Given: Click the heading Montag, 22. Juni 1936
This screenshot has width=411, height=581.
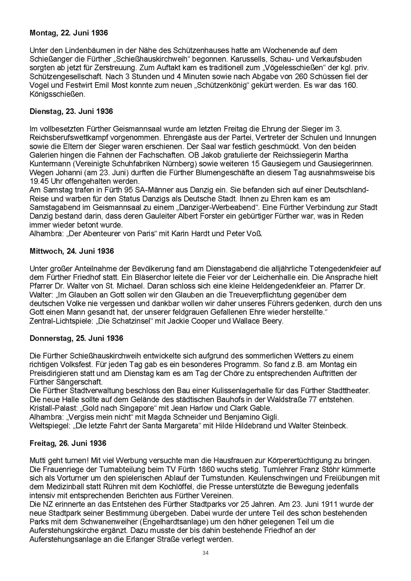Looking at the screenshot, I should coord(69,33).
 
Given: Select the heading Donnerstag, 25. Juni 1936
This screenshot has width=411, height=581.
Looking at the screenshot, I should coord(76,338).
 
